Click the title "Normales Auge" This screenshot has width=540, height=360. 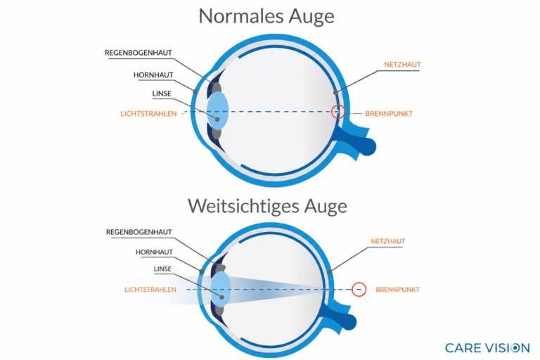click(x=266, y=16)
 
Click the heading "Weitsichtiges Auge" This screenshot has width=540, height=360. click(x=267, y=206)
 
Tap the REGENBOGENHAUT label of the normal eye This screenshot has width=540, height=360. click(x=138, y=53)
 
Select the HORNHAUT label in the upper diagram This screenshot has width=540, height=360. click(x=153, y=75)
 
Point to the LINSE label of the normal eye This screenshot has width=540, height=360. click(x=162, y=94)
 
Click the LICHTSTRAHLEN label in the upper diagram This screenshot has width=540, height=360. click(x=148, y=114)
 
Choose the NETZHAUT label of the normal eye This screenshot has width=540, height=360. click(x=402, y=65)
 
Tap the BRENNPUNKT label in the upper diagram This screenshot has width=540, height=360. click(x=389, y=114)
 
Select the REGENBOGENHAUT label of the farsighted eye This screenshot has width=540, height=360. click(x=139, y=232)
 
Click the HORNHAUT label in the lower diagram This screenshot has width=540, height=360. click(x=154, y=252)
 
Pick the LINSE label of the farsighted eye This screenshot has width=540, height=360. click(x=162, y=269)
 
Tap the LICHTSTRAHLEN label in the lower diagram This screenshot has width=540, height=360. click(x=150, y=290)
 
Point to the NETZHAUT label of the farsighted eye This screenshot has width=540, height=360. click(x=388, y=241)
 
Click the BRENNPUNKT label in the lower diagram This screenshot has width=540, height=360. click(x=397, y=290)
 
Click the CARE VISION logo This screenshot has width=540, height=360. click(x=487, y=348)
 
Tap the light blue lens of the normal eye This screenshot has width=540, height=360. click(x=218, y=111)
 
